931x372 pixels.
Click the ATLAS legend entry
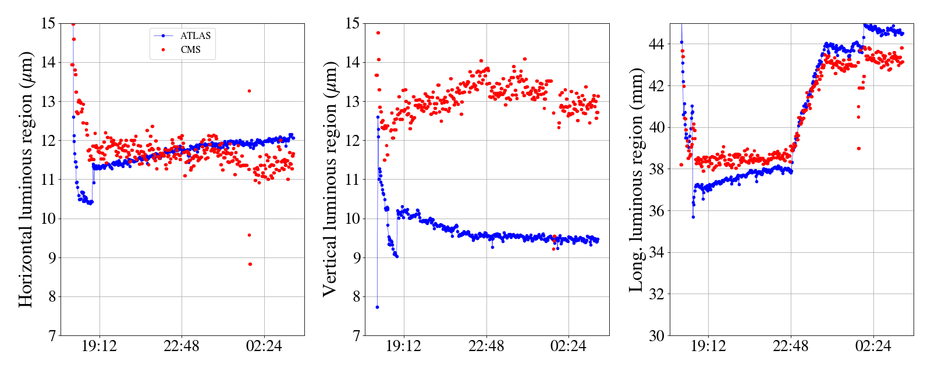pos(195,35)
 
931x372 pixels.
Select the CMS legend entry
pos(190,49)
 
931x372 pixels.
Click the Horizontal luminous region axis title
pos(26,179)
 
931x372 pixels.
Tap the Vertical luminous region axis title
pos(329,179)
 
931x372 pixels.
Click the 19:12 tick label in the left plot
pos(99,347)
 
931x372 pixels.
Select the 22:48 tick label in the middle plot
pos(486,347)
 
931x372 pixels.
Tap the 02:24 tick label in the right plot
pos(873,347)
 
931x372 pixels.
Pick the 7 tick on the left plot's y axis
pos(52,336)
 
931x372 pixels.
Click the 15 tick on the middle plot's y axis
pos(353,24)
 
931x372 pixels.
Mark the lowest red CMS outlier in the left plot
pos(250,264)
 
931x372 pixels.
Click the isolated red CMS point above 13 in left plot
pos(249,91)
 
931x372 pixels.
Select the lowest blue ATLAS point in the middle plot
pos(377,307)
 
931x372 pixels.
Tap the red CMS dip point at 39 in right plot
pos(859,148)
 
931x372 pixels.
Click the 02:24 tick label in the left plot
pos(264,347)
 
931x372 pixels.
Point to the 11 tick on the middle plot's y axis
pos(353,180)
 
